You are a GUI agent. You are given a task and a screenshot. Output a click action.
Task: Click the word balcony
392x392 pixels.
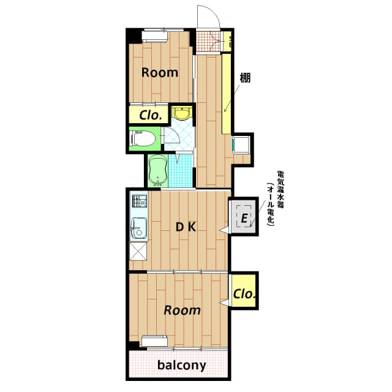click(x=181, y=366)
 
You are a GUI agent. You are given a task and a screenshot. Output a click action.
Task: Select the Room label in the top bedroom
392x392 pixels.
click(x=160, y=72)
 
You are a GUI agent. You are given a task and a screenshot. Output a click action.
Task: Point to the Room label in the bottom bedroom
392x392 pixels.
click(x=182, y=310)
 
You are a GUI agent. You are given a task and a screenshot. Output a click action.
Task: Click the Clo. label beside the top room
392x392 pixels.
click(x=150, y=115)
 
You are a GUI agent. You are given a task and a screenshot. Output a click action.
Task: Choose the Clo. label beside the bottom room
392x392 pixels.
click(x=244, y=293)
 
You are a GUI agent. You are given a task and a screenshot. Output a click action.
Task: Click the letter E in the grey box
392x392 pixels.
click(x=244, y=218)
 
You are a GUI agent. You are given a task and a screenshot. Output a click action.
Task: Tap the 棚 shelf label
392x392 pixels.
click(x=245, y=78)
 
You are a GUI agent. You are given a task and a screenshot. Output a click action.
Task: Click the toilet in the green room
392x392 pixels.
click(x=142, y=140)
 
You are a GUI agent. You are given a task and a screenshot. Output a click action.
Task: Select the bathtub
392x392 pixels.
click(x=158, y=170)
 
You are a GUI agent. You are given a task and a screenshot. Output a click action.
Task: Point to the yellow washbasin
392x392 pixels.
click(x=182, y=113)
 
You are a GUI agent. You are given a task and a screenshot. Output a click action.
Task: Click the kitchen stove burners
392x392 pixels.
click(x=138, y=202)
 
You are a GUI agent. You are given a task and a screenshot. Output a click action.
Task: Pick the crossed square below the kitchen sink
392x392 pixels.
click(x=138, y=252)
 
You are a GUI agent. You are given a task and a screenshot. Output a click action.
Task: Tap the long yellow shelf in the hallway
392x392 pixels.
click(x=225, y=92)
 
